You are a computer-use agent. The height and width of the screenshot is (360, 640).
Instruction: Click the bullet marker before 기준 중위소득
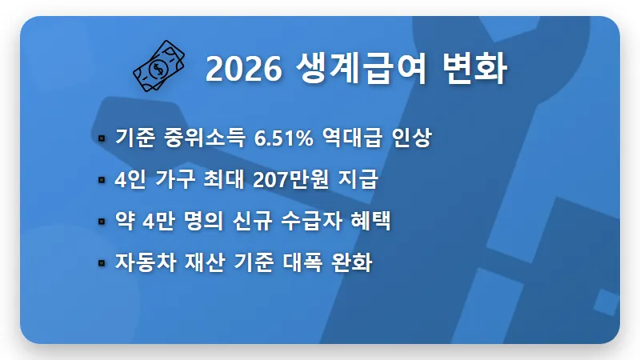point(102,139)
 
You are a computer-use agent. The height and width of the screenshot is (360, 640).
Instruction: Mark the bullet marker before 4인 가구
point(102,181)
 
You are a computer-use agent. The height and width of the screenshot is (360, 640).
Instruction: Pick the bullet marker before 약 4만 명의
point(102,222)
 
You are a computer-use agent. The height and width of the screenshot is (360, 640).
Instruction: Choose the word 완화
point(354,263)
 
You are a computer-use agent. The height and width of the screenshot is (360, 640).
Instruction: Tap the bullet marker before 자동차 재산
point(102,263)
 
